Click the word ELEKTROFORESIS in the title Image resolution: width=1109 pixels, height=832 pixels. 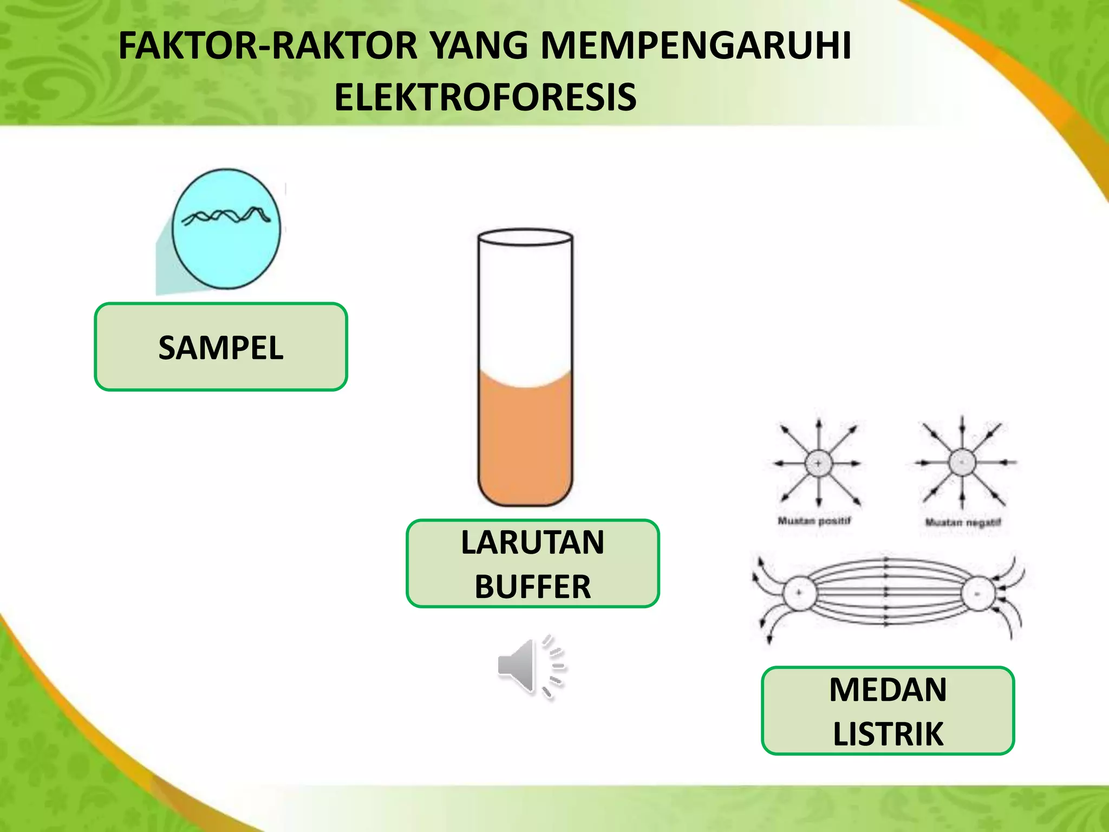485,97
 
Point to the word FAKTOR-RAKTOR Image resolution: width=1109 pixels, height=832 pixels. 268,45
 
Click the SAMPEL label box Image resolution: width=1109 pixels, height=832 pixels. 221,347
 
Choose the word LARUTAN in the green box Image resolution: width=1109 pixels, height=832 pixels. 532,542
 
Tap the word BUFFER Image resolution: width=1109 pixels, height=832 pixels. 532,587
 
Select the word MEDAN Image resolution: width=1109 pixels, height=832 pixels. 888,690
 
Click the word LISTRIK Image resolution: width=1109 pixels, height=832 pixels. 888,734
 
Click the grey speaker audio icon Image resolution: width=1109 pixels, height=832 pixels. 528,666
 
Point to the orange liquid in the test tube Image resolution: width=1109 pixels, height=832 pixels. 525,444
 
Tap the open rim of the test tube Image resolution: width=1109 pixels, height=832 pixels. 525,237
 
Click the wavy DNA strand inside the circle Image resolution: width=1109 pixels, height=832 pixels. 226,216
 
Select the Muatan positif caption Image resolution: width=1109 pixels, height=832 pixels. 814,521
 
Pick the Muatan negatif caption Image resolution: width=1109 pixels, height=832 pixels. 963,523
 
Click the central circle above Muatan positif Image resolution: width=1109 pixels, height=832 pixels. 818,464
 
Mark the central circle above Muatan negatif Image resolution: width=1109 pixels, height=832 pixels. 962,463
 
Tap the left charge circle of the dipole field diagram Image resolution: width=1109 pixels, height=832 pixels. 799,593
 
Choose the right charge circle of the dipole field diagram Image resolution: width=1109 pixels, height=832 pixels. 978,594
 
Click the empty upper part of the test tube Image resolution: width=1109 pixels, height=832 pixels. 525,309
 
